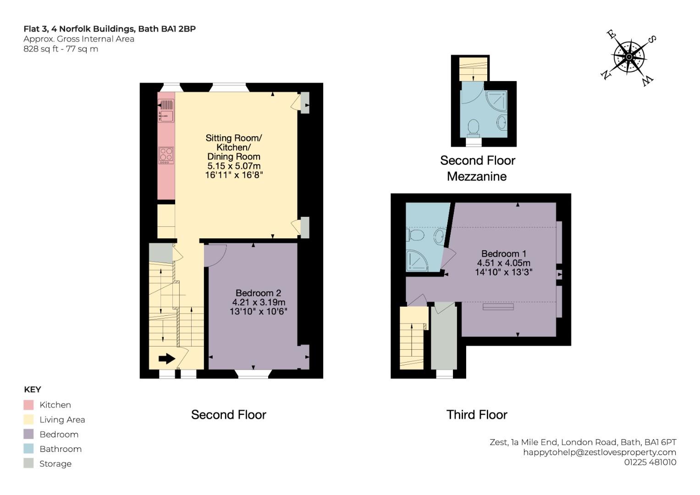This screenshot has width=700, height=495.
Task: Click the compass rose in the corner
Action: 629,57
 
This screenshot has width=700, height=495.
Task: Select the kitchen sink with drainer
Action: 166,110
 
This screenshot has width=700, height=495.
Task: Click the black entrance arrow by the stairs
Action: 166,358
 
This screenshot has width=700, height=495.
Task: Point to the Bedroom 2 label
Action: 258,293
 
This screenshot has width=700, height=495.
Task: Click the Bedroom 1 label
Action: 504,253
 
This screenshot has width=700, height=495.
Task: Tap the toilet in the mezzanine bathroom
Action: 474,128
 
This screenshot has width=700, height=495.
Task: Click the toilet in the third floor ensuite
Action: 415,235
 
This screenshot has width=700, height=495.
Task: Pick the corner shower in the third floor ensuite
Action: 417,261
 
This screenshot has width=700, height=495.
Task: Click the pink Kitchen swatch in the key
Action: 28,405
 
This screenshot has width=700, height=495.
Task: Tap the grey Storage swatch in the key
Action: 28,463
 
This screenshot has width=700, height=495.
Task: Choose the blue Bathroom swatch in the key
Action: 28,449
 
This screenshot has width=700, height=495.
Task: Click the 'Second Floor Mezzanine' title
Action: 477,169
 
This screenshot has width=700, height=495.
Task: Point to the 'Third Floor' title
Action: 477,415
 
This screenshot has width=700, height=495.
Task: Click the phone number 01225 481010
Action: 650,462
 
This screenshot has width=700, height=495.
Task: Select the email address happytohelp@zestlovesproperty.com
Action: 600,452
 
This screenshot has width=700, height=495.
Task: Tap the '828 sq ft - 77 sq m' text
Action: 61,49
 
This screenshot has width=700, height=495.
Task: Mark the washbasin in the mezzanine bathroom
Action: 502,122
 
